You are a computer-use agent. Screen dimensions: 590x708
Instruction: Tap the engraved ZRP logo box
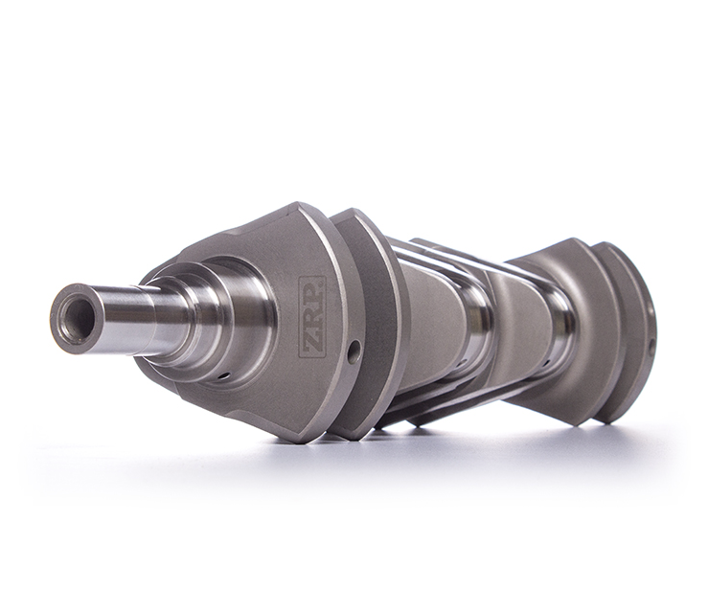coord(311,317)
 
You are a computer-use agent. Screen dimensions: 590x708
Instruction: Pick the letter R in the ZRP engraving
coord(311,316)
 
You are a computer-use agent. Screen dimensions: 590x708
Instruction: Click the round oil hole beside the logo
coord(354,351)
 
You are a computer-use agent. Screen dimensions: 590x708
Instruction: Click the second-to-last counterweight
coord(575,326)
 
